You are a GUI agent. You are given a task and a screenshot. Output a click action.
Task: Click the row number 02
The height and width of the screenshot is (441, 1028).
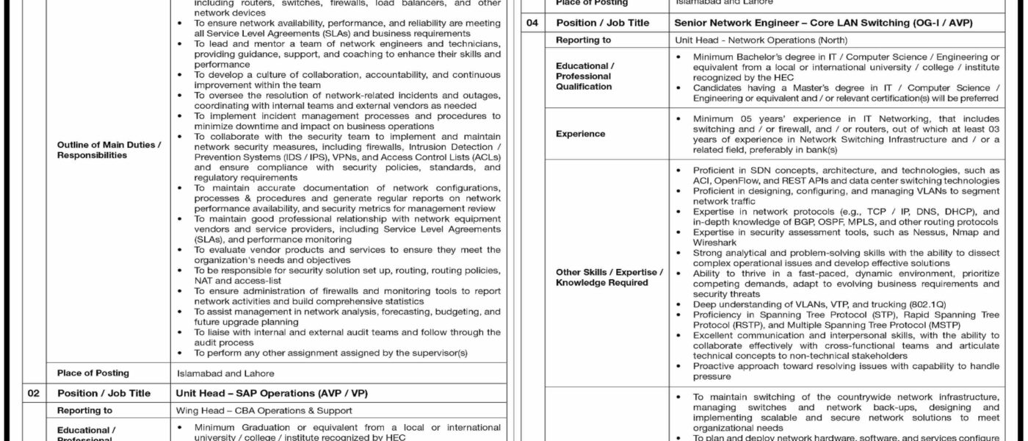point(33,393)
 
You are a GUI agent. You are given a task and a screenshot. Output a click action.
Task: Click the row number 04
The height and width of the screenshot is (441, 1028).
point(532,23)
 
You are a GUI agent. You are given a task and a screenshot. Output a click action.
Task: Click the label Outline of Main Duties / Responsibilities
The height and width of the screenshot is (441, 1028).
point(109,150)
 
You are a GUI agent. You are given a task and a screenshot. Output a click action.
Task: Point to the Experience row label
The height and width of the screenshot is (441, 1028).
point(581,134)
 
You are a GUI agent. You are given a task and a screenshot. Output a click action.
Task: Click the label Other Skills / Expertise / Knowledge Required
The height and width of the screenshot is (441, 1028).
point(609,277)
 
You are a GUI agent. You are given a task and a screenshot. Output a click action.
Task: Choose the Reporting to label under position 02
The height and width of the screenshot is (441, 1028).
point(84,410)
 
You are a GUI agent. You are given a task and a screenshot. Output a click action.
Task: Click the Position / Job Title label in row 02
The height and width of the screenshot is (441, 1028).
point(104,393)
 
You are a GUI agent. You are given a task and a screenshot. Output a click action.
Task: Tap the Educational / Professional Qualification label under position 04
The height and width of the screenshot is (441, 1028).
point(585,76)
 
